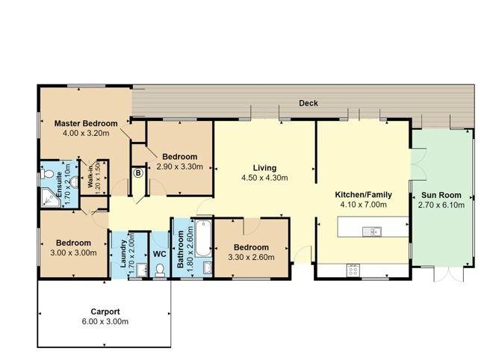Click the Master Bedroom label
click(86, 123)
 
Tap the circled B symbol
click(138, 173)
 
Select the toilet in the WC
click(160, 270)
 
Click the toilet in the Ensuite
click(47, 174)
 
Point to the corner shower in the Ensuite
click(50, 198)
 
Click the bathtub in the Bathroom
click(203, 238)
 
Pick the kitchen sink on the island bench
click(372, 232)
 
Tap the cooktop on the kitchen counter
click(353, 270)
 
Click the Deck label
click(308, 103)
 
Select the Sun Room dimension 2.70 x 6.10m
click(441, 205)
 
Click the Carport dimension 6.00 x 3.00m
click(105, 322)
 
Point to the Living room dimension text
click(264, 178)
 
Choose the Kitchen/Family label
click(364, 195)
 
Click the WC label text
click(159, 254)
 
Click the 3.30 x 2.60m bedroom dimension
click(251, 258)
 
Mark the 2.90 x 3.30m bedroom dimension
click(179, 167)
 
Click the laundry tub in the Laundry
click(142, 270)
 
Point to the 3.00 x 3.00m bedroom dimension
click(73, 252)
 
